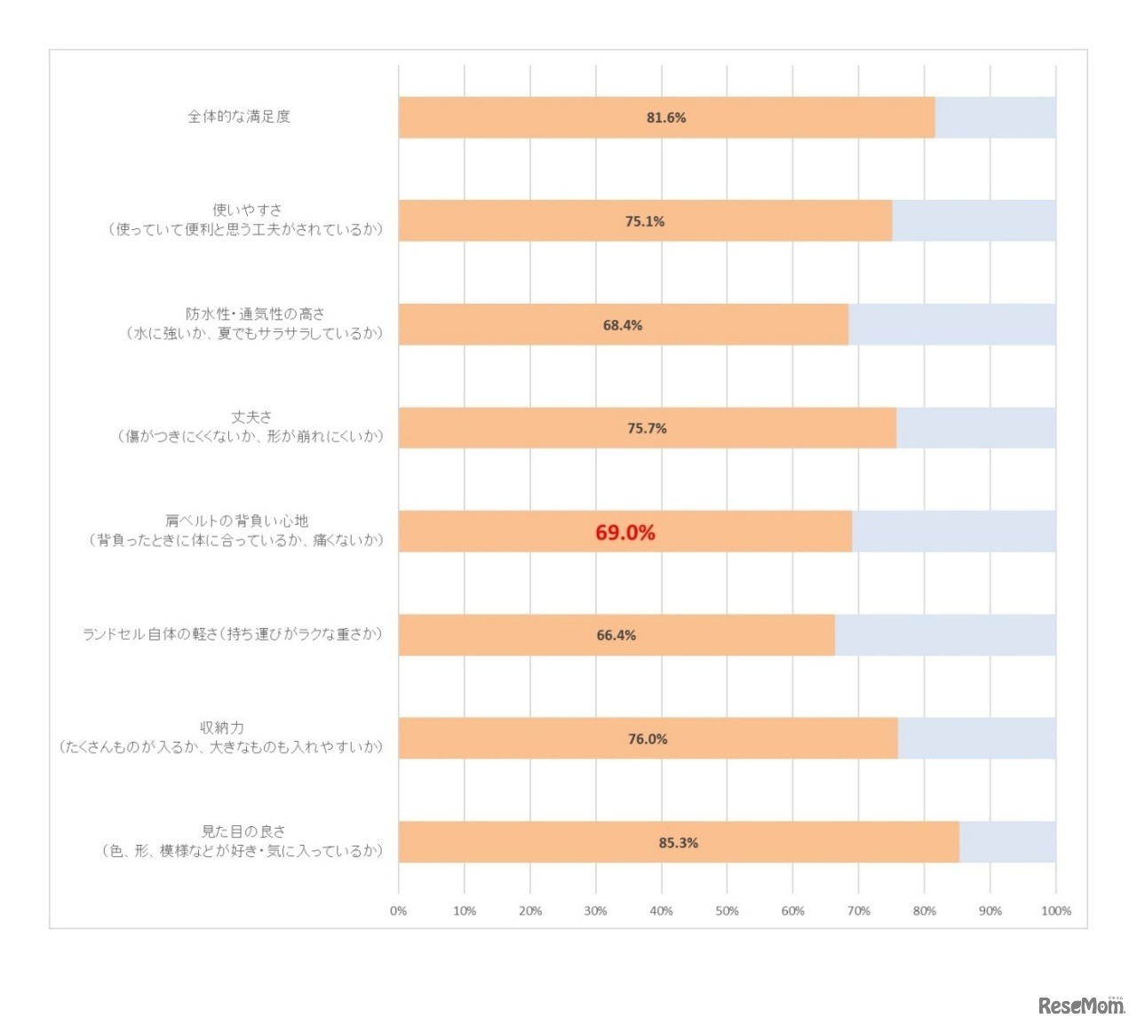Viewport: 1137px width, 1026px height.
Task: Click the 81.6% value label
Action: [666, 117]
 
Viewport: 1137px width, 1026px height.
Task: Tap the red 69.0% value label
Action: [625, 532]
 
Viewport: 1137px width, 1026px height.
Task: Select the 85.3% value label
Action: [678, 842]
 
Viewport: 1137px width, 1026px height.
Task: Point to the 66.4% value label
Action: [616, 635]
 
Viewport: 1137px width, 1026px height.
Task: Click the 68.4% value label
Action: [622, 325]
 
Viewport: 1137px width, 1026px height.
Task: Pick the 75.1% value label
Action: [644, 221]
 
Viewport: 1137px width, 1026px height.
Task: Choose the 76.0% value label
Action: [648, 739]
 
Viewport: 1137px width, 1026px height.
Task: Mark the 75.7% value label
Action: [647, 428]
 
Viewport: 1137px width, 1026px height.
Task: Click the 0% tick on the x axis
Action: [398, 911]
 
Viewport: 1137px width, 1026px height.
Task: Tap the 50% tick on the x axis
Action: [727, 911]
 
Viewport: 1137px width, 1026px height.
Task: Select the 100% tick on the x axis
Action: [1055, 911]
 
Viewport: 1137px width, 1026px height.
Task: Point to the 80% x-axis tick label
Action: [924, 911]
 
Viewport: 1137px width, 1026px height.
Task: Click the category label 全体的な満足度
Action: [239, 116]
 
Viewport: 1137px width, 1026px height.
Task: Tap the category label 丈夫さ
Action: [251, 417]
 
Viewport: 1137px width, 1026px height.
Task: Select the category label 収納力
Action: [222, 728]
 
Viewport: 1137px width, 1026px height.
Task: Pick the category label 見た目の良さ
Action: [243, 831]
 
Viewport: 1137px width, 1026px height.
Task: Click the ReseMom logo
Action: [1080, 1006]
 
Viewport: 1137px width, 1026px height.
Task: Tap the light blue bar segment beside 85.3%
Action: [1007, 842]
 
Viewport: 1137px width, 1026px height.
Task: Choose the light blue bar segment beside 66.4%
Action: [945, 635]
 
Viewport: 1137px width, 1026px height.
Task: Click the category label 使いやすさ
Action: [247, 210]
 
